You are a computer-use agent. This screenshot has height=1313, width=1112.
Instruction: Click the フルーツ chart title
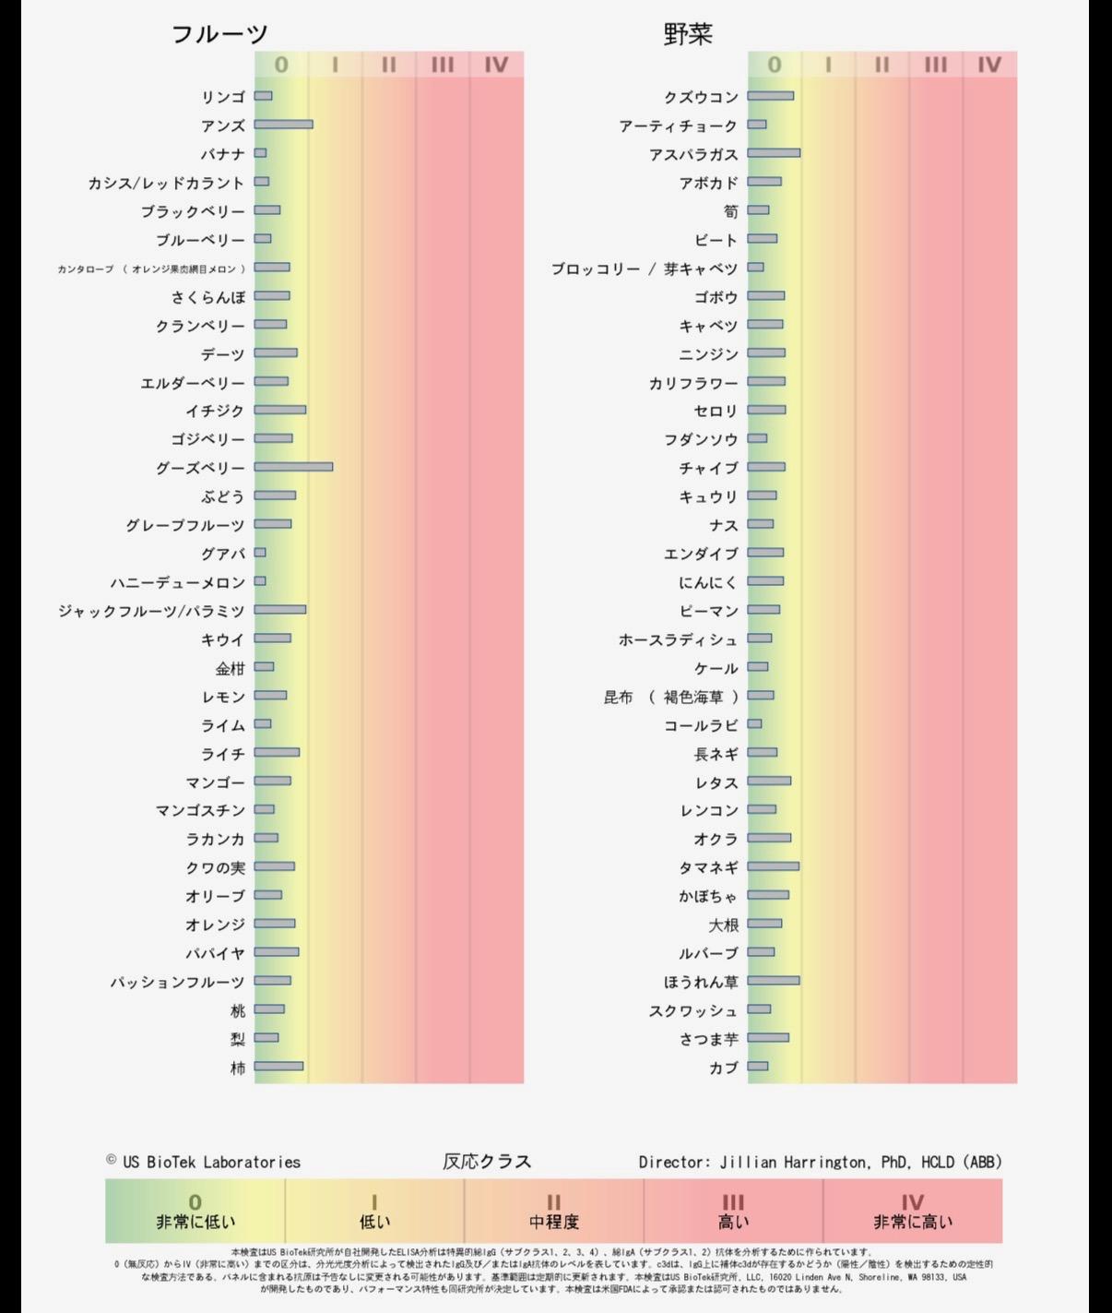click(x=219, y=34)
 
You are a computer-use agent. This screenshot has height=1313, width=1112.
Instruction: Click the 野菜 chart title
click(x=688, y=34)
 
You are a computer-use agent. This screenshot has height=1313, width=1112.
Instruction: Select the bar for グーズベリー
click(x=293, y=467)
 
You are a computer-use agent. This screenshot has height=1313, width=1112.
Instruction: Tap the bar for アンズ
click(x=283, y=125)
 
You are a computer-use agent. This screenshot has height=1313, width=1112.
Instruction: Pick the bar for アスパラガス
click(x=774, y=153)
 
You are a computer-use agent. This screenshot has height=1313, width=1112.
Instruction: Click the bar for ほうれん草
click(x=774, y=981)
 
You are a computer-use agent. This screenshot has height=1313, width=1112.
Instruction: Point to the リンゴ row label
click(x=223, y=97)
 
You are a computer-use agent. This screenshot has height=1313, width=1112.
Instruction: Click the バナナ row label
click(x=223, y=154)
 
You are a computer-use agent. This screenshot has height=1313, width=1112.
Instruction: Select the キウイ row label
click(x=223, y=639)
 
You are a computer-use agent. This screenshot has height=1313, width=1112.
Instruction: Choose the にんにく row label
click(x=708, y=582)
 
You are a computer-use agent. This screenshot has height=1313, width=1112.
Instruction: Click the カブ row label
click(x=724, y=1068)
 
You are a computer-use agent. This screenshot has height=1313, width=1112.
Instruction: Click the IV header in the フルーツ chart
click(x=496, y=65)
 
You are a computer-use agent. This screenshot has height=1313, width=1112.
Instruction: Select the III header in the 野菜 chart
click(x=935, y=65)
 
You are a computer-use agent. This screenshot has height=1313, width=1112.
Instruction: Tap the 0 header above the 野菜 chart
click(x=775, y=65)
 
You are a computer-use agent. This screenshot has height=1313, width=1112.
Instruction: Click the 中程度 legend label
click(x=553, y=1222)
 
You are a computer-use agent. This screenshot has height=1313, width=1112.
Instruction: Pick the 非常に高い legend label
click(x=912, y=1222)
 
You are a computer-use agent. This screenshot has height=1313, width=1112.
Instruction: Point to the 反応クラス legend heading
click(x=487, y=1162)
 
